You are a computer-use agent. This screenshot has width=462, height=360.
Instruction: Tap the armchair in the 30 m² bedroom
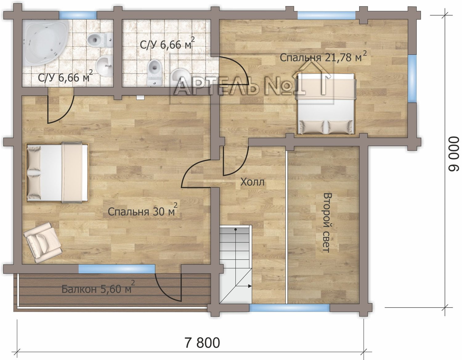[43, 243]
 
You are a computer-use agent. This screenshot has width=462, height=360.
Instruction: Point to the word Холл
[253, 182]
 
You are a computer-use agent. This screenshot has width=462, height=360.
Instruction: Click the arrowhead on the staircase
[250, 286]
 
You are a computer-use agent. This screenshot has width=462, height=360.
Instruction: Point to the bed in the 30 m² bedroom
[57, 172]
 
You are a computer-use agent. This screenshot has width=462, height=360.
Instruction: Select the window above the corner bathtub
[78, 15]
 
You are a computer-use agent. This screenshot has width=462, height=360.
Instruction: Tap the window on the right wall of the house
[412, 79]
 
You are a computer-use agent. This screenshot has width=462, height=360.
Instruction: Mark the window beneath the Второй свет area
[289, 308]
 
